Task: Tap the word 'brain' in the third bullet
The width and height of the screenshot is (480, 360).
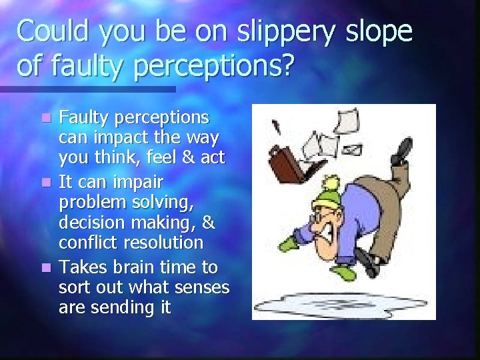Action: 125,267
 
